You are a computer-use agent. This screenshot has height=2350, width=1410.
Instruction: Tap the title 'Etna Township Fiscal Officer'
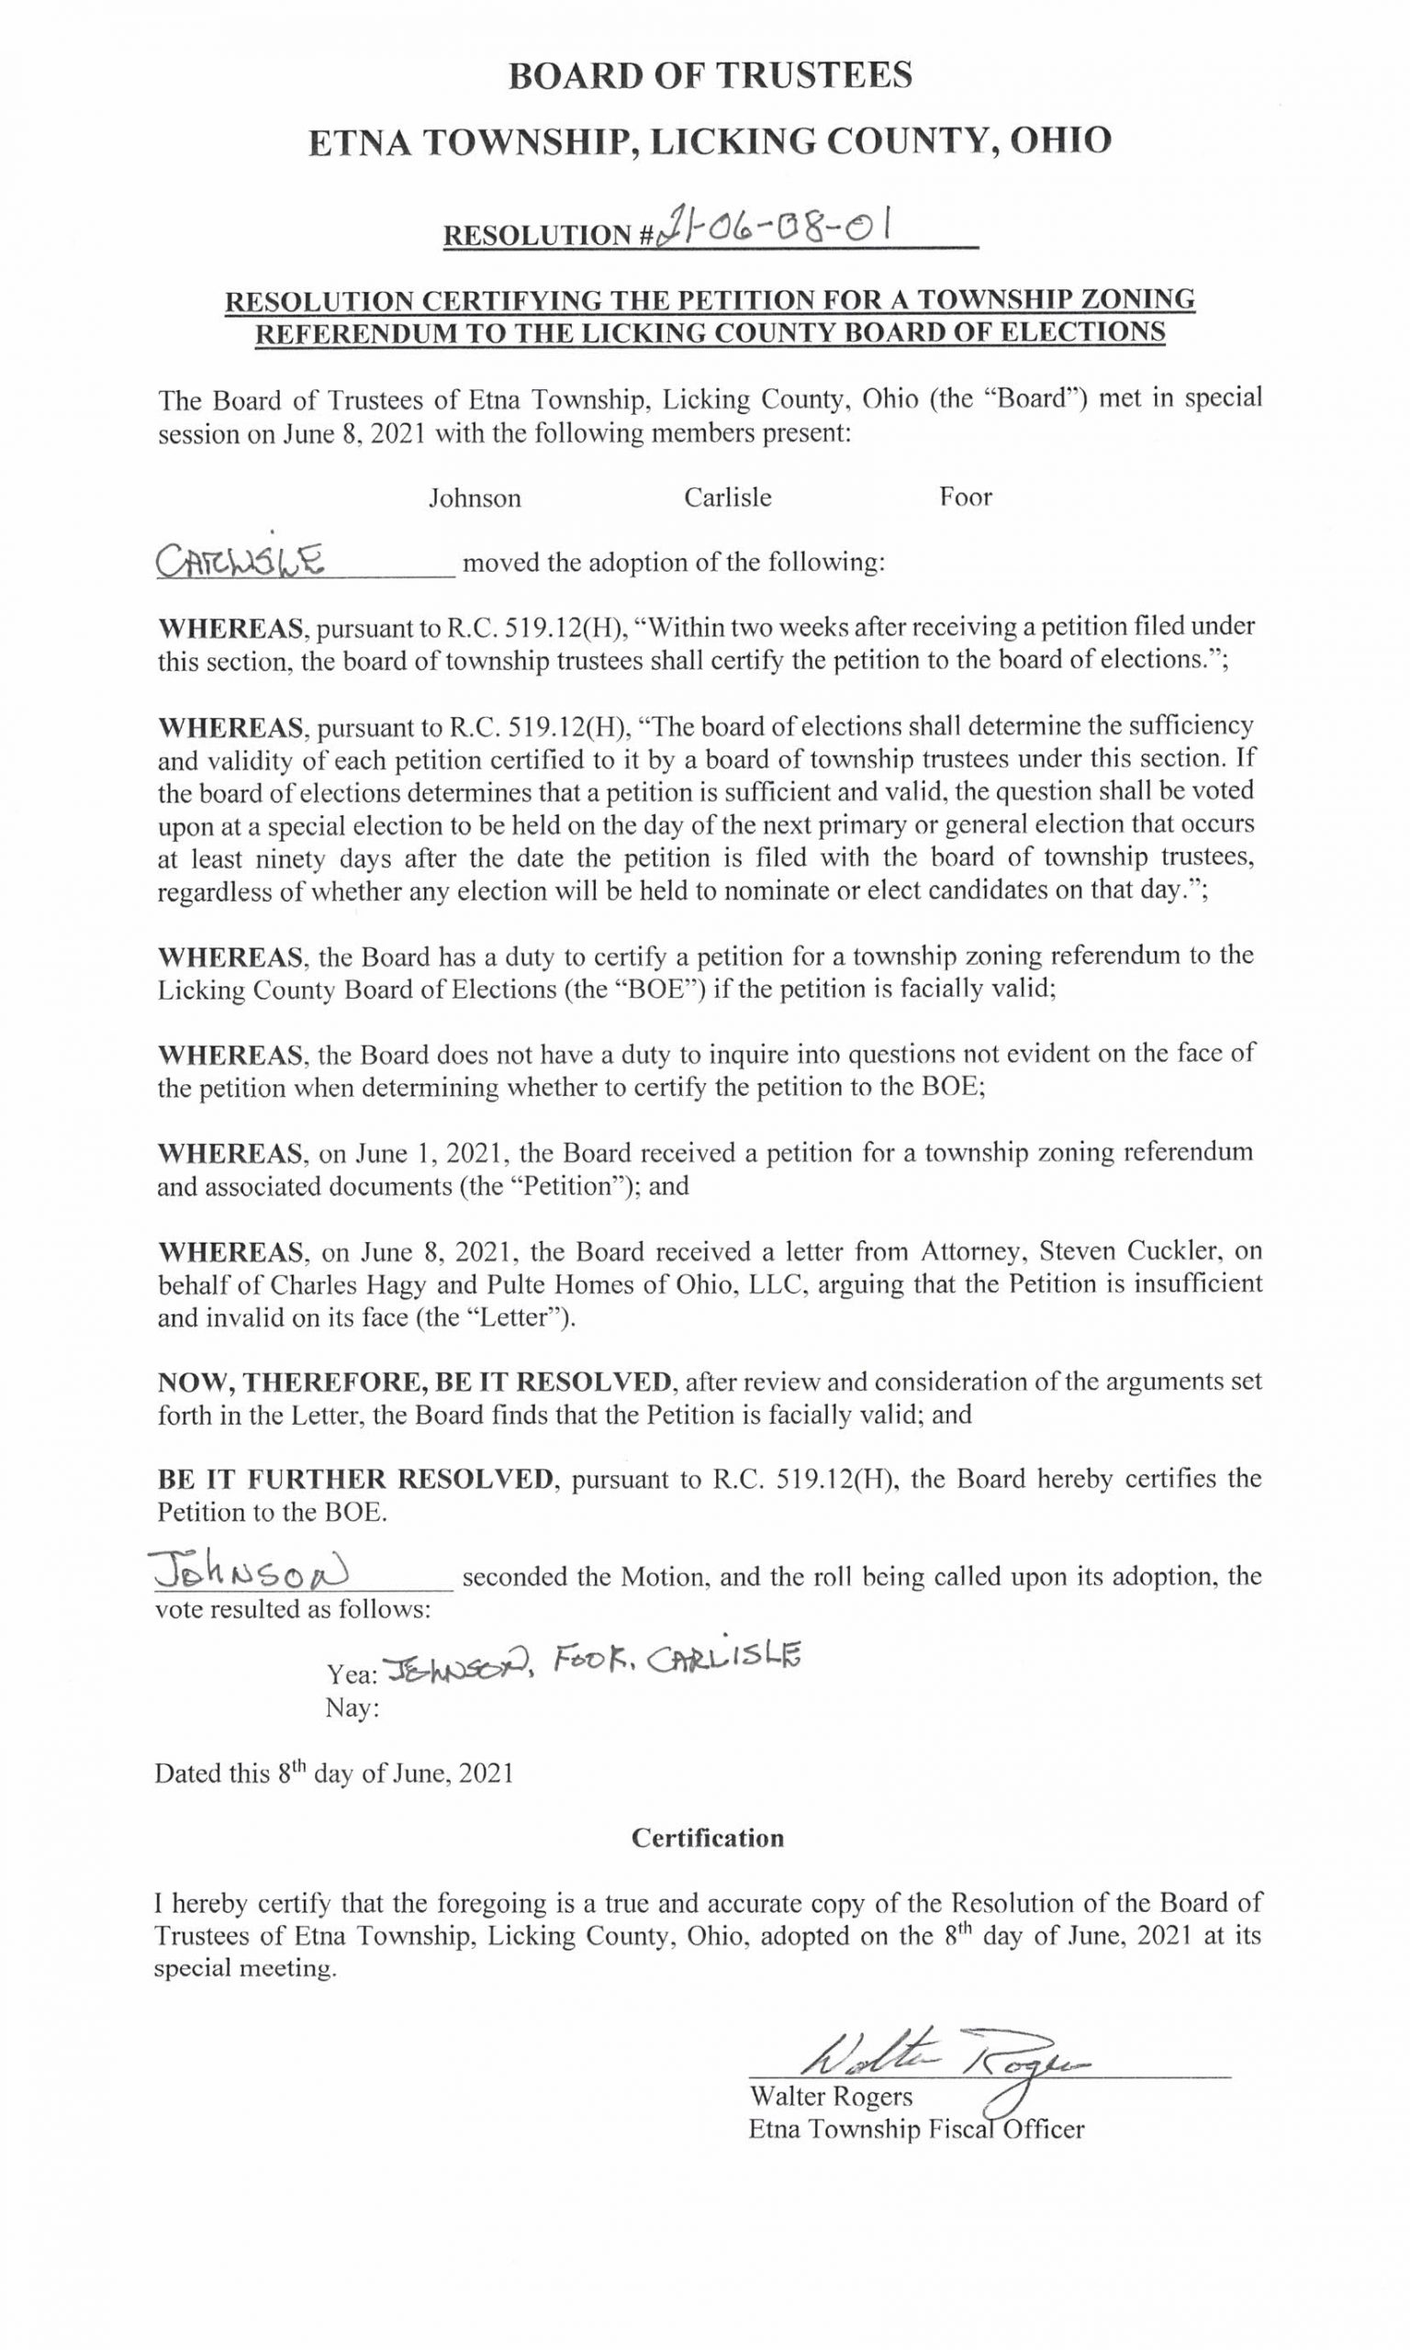[x=915, y=2129]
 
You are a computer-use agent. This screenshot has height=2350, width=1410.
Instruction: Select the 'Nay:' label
[x=352, y=1708]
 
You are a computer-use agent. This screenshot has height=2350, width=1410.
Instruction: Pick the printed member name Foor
[x=966, y=498]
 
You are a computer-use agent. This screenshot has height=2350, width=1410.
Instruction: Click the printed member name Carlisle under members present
[x=728, y=498]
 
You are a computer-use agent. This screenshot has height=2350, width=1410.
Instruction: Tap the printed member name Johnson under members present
[x=474, y=498]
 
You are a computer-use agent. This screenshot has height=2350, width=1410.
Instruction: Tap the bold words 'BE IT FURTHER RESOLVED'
[x=354, y=1479]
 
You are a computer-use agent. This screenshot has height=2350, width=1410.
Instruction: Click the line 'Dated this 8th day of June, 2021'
[x=334, y=1774]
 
